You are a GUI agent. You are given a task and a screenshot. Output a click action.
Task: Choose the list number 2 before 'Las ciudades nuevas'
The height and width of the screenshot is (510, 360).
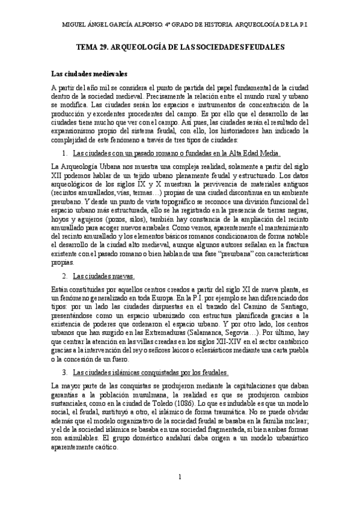(x=64, y=276)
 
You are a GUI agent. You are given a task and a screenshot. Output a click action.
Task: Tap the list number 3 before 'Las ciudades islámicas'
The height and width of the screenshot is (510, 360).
(x=64, y=373)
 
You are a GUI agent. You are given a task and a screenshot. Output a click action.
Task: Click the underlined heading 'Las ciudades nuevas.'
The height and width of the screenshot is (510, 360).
(x=103, y=276)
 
